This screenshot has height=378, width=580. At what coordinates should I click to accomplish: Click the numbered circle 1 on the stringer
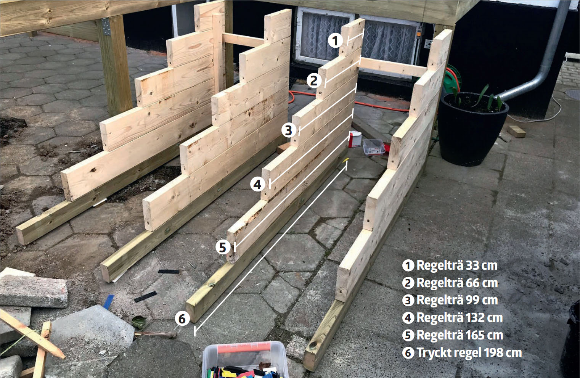[335, 41]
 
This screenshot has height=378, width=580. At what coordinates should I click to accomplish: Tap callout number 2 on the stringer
[314, 81]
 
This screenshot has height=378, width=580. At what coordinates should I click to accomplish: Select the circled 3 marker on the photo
[289, 130]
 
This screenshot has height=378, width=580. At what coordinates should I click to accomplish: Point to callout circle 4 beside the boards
[257, 185]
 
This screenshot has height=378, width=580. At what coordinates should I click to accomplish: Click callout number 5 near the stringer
[223, 247]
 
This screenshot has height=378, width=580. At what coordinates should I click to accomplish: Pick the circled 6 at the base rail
[182, 318]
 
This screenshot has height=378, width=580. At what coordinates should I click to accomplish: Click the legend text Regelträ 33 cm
[457, 265]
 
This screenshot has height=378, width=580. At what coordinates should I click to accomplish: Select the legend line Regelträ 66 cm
[457, 283]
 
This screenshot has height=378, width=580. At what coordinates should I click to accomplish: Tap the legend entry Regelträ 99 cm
[457, 300]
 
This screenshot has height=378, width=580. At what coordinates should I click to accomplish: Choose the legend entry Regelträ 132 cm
[460, 318]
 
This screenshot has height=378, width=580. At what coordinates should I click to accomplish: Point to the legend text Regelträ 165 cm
[460, 335]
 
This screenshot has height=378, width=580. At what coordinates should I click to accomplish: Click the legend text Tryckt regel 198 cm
[469, 352]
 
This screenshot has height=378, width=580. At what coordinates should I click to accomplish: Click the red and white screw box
[355, 139]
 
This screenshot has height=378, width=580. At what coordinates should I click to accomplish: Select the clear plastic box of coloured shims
[245, 360]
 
